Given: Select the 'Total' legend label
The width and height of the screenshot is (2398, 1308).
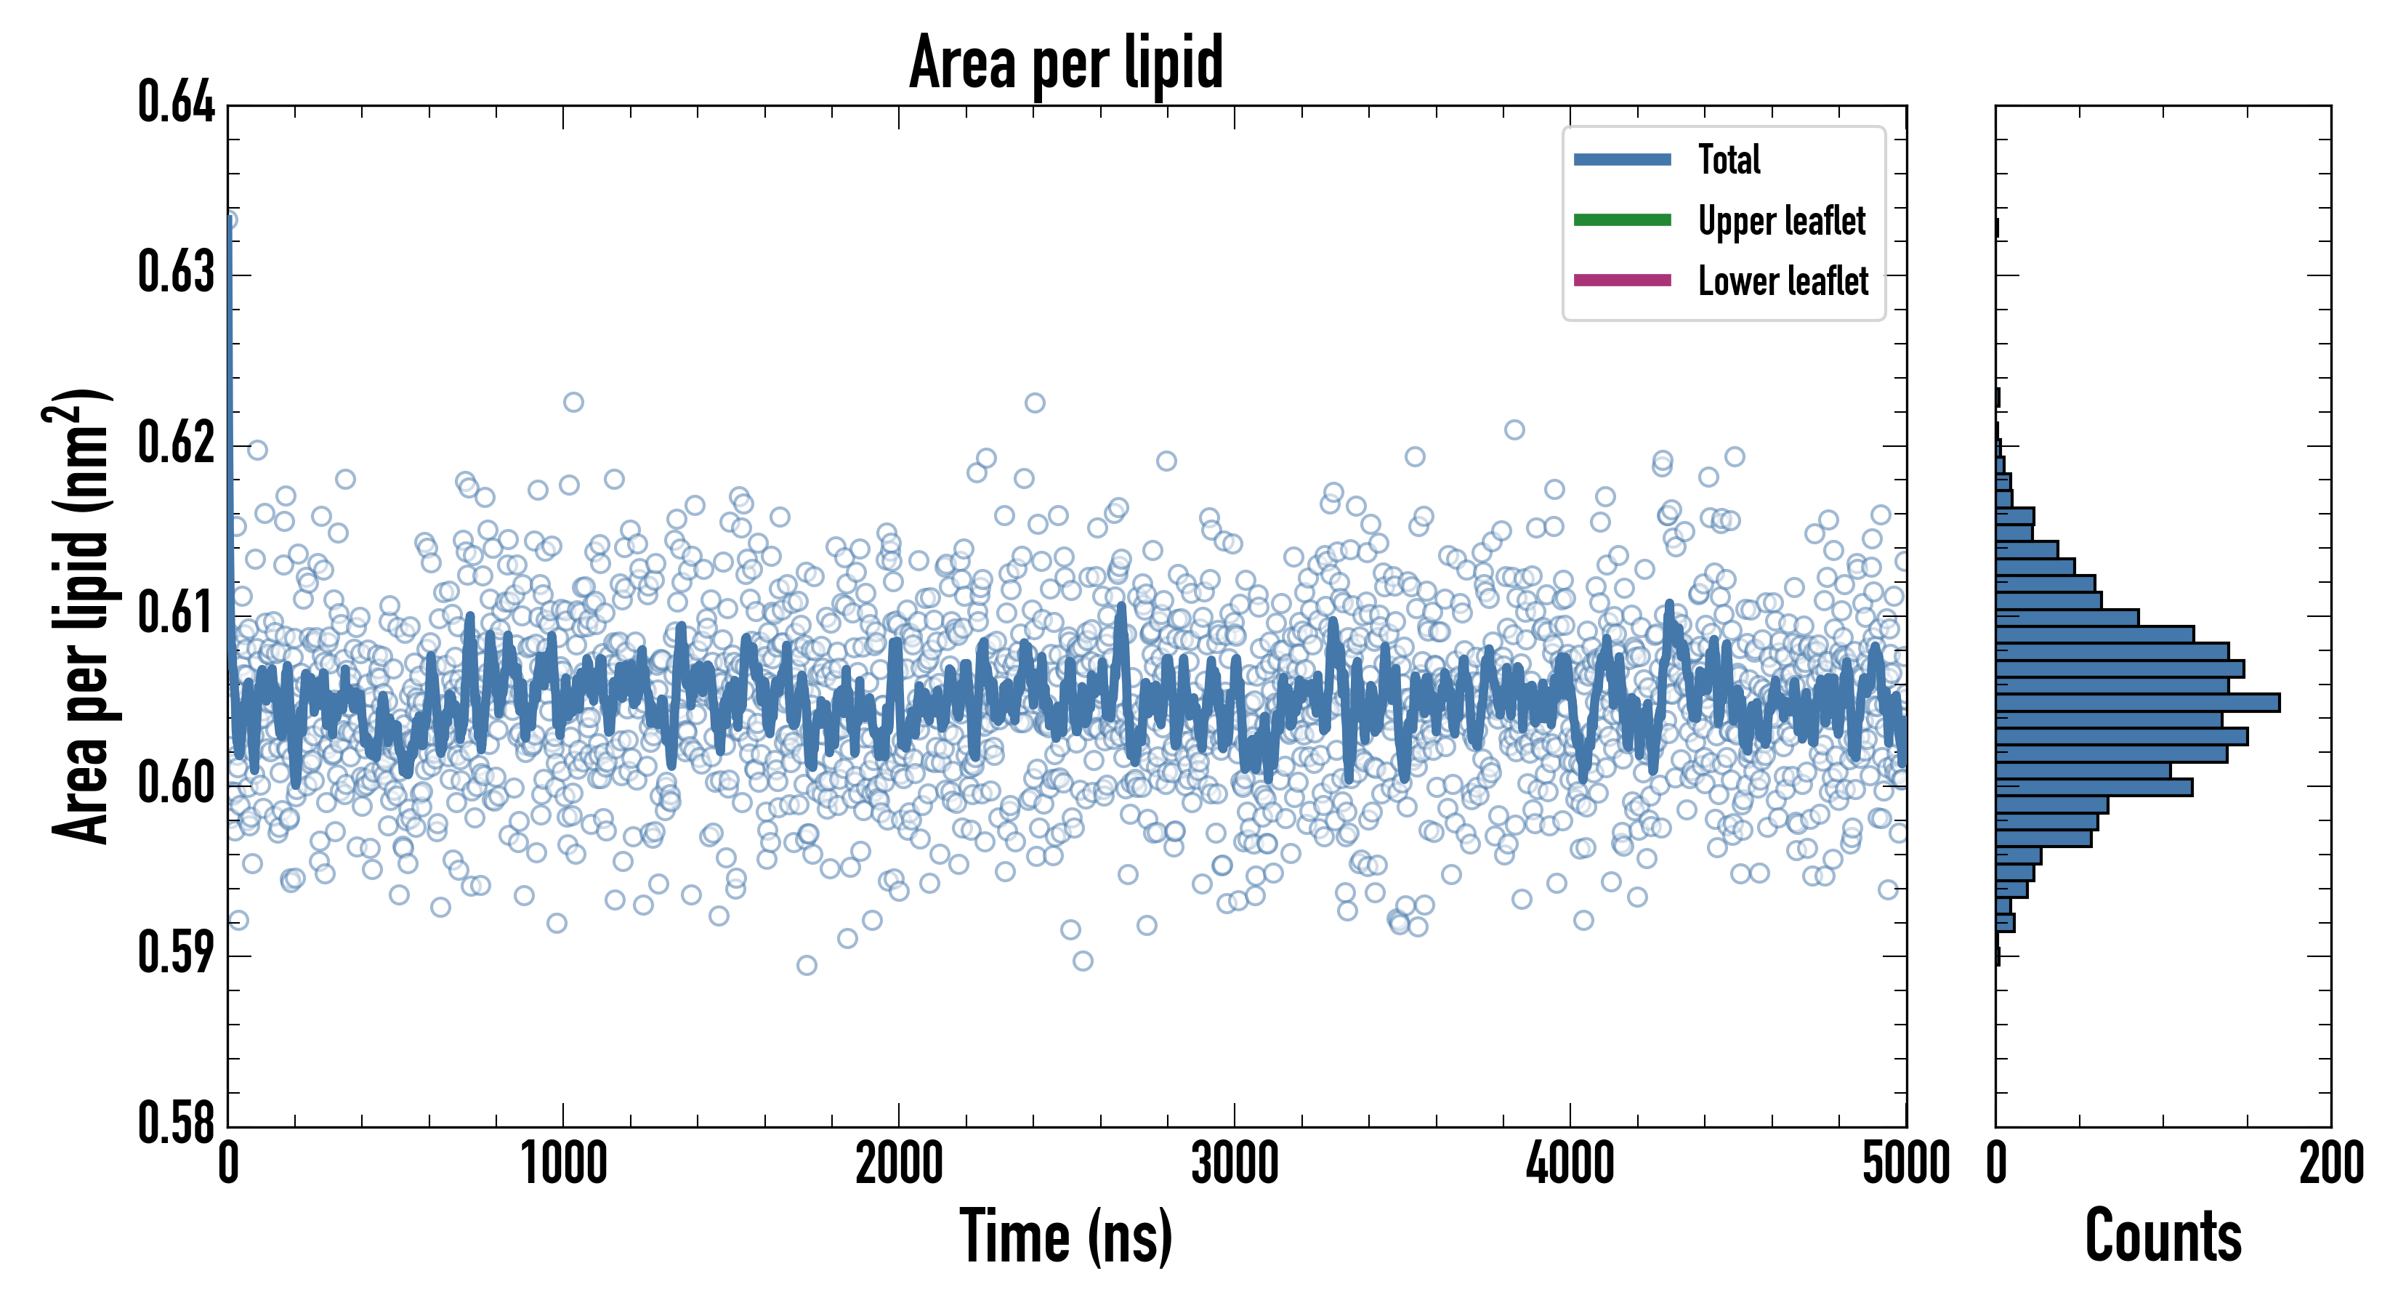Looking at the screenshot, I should tap(1729, 160).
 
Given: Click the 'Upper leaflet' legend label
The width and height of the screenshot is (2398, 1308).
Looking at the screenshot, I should tap(1781, 221).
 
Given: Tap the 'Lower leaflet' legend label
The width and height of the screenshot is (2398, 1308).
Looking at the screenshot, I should tap(1783, 281).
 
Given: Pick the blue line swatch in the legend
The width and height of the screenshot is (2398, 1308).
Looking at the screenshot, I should tap(1622, 160).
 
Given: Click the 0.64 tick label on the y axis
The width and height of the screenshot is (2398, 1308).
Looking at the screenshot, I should tap(176, 102).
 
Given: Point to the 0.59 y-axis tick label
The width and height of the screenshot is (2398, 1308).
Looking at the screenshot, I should tap(176, 953).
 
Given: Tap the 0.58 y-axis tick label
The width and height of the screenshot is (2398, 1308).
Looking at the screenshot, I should tap(176, 1123).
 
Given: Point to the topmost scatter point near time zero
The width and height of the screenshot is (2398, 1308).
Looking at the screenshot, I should tap(229, 219).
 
